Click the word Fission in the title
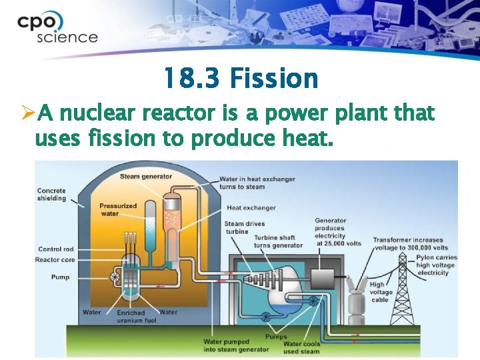(273, 79)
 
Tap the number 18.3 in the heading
(193, 79)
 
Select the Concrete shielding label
(51, 194)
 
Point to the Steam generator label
(146, 177)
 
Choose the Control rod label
(56, 249)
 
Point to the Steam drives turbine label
(244, 227)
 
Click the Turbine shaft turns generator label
(278, 241)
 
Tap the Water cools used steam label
(301, 347)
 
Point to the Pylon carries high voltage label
(437, 265)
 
